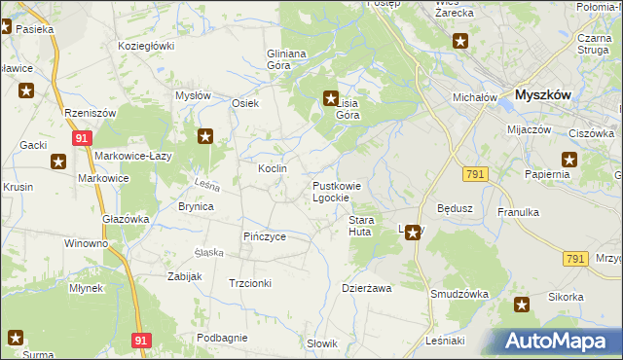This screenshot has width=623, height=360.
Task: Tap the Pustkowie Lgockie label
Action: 337,192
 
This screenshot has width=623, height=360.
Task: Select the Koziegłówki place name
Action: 145,46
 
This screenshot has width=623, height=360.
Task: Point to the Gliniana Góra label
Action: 286,59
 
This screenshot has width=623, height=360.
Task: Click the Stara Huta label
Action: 366,227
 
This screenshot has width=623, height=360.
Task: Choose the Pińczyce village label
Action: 264,236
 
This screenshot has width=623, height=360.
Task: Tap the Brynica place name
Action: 195,206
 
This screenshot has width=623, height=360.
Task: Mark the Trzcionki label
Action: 249,282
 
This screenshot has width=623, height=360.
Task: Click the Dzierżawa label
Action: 366,288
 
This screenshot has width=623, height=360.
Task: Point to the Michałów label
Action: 476,97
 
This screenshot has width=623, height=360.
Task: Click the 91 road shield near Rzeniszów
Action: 82,139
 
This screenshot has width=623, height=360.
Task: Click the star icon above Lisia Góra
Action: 330,97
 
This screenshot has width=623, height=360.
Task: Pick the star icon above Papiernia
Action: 569,160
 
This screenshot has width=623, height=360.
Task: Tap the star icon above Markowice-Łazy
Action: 205,136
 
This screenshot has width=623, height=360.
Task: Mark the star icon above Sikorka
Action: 523,305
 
